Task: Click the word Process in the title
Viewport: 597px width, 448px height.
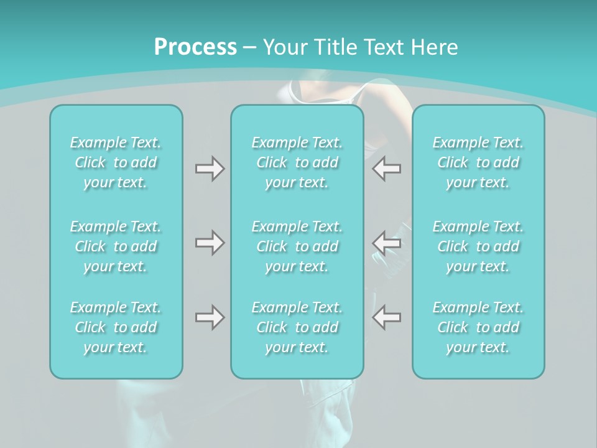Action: [x=195, y=47]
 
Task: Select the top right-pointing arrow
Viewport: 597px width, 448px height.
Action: [x=210, y=168]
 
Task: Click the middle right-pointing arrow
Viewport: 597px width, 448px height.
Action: [x=210, y=242]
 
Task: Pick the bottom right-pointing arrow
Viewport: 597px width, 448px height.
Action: [x=210, y=317]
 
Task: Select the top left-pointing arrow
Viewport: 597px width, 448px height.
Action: [x=386, y=168]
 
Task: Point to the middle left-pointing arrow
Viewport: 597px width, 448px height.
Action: [x=386, y=242]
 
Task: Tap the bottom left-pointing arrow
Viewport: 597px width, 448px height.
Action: [x=386, y=317]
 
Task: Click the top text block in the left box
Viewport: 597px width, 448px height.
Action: [x=116, y=162]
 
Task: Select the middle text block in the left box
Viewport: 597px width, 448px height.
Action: [x=116, y=246]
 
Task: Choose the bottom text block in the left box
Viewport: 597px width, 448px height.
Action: [x=116, y=327]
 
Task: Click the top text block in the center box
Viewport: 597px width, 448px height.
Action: [x=297, y=162]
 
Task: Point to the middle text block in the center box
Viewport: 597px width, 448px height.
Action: [x=297, y=246]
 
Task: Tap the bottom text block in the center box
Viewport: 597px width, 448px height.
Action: [x=297, y=327]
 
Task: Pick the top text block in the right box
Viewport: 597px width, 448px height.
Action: [x=478, y=162]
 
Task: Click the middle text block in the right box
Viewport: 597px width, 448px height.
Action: [x=478, y=246]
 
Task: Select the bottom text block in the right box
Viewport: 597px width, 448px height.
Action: [x=478, y=327]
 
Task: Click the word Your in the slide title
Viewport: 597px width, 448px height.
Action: [x=283, y=47]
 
